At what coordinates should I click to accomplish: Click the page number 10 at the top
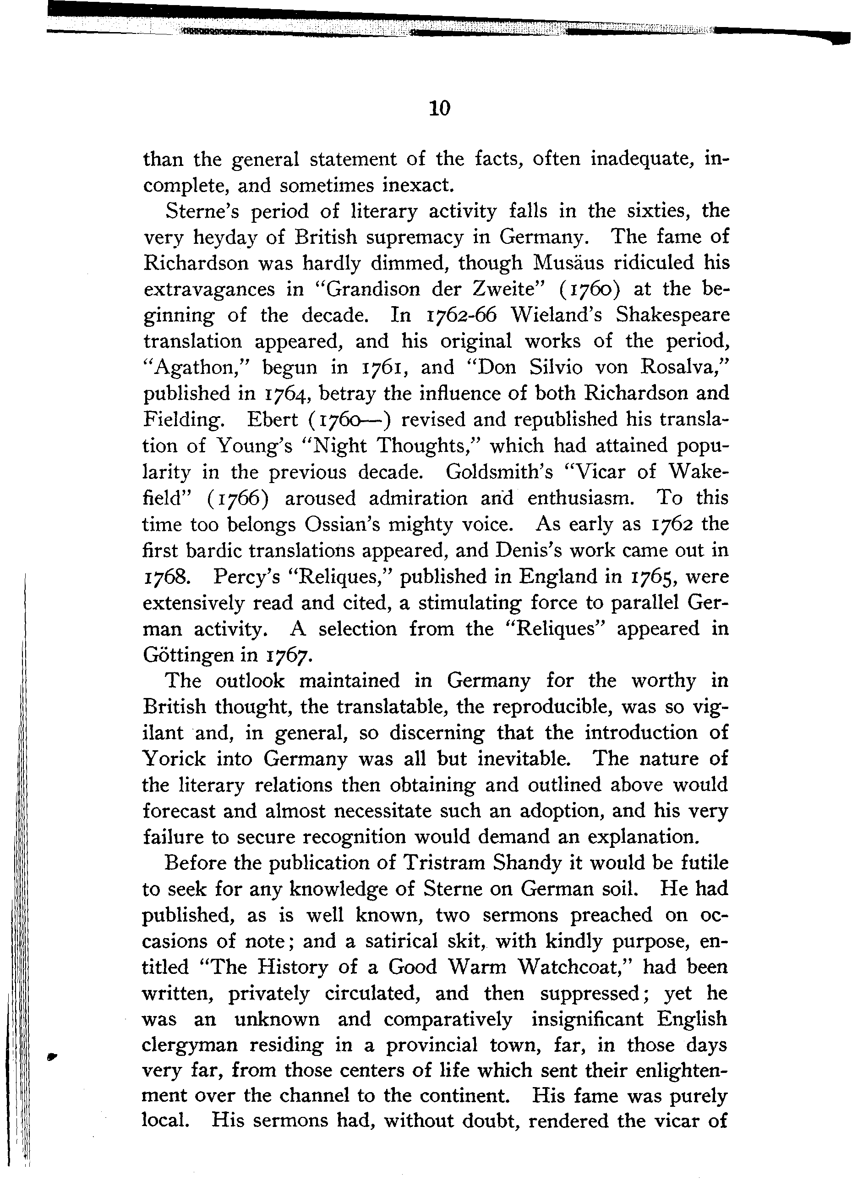439,108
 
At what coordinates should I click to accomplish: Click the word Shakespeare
672,315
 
